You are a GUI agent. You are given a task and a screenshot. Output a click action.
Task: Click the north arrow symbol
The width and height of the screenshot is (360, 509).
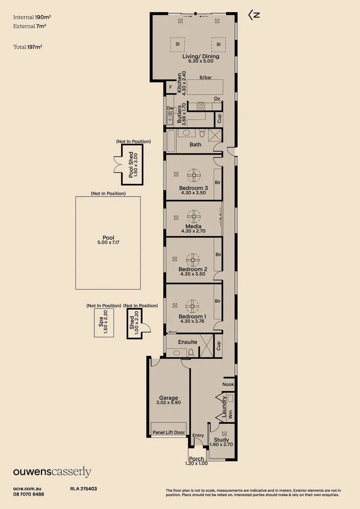tap(254, 15)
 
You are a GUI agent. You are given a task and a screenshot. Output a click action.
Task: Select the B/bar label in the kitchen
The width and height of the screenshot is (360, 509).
tap(205, 77)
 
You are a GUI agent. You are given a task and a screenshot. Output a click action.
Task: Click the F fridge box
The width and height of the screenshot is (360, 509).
tap(170, 87)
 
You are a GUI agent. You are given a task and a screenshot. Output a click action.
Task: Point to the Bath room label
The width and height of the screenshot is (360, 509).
tap(196, 145)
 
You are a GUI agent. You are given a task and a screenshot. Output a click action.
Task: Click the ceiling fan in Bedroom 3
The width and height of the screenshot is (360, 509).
tap(194, 175)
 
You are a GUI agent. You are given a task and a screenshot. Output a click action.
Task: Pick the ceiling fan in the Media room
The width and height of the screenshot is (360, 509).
tap(194, 217)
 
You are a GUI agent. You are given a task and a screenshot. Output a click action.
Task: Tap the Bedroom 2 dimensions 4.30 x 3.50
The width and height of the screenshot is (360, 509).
tap(193, 274)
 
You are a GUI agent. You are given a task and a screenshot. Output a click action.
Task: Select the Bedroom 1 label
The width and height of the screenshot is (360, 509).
tap(192, 316)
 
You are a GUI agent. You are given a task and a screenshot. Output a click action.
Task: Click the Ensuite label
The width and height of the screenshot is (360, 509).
tap(188, 342)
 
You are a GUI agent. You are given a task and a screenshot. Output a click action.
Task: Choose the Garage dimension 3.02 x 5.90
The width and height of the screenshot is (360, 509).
tap(168, 403)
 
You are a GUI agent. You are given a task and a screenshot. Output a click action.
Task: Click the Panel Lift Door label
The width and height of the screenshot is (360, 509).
tap(169, 432)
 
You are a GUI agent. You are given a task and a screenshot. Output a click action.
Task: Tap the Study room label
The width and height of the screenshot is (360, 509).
tap(221, 440)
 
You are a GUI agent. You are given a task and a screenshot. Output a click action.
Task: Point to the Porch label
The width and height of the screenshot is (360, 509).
tap(196, 459)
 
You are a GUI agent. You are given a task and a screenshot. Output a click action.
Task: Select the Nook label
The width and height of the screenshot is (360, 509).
tap(228, 384)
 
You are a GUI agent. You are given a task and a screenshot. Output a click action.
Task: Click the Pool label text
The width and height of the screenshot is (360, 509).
tap(108, 238)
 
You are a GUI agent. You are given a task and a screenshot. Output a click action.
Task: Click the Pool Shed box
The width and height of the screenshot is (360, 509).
tap(132, 165)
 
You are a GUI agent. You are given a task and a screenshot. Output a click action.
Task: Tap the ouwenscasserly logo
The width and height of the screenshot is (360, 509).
tap(52, 472)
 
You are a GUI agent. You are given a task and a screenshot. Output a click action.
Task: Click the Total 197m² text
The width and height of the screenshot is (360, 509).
tap(32, 47)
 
